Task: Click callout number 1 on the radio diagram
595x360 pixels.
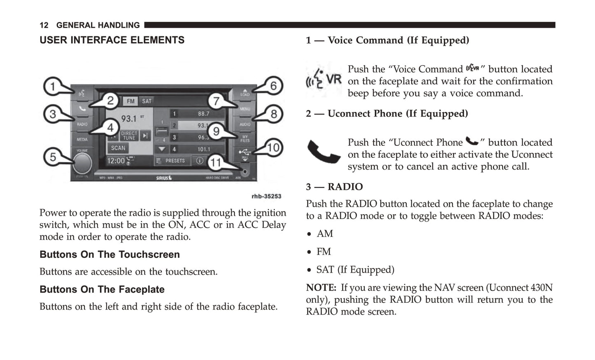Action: (x=52, y=86)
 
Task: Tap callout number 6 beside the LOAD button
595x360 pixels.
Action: (x=273, y=86)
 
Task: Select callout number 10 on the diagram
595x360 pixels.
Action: (x=273, y=147)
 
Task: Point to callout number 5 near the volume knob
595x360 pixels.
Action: (x=53, y=157)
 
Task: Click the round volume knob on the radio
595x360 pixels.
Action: (x=82, y=164)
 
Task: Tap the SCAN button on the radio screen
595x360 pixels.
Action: (x=118, y=148)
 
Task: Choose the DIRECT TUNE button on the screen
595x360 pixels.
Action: (x=129, y=136)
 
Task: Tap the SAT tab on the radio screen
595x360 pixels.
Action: (x=147, y=101)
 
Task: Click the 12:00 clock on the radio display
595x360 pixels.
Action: (x=116, y=161)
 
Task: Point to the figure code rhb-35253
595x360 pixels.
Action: (x=266, y=196)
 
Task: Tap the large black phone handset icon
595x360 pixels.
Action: (x=324, y=152)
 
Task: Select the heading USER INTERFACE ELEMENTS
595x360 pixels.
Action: (x=112, y=40)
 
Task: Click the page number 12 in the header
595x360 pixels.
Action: (x=44, y=26)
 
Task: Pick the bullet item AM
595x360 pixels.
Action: (x=324, y=234)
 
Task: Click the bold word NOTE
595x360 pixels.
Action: (x=321, y=288)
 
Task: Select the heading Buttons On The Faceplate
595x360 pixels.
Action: (x=102, y=290)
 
